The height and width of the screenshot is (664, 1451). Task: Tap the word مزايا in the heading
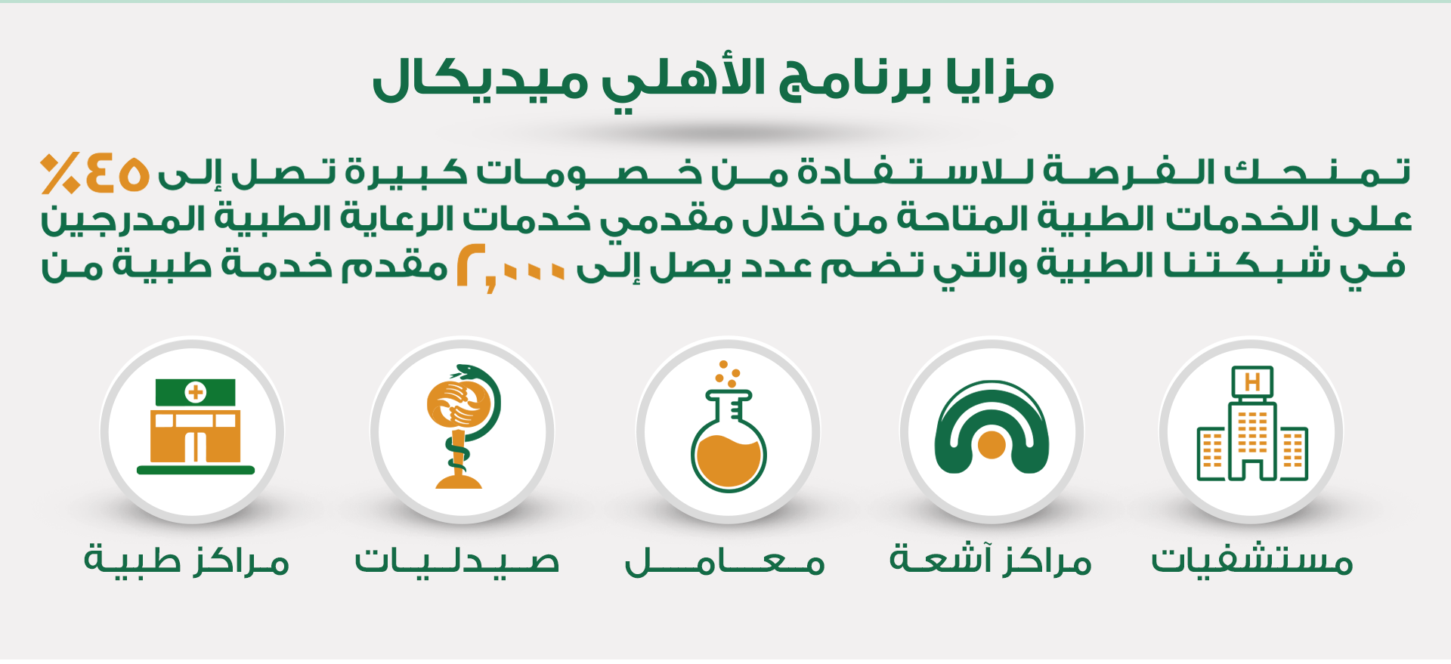click(x=1000, y=79)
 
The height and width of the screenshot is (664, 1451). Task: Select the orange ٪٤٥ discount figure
click(x=94, y=173)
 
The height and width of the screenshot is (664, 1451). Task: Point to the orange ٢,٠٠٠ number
click(x=511, y=268)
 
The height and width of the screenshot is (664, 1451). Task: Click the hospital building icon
click(x=1252, y=424)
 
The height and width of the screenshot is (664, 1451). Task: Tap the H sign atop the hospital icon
click(x=1252, y=382)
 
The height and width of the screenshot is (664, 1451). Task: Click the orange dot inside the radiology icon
click(x=992, y=445)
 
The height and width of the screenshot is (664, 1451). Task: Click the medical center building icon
click(x=196, y=427)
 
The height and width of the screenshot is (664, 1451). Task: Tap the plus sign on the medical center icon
click(x=196, y=392)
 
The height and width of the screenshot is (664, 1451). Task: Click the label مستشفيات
click(x=1251, y=560)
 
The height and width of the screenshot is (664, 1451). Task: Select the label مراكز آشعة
click(x=991, y=560)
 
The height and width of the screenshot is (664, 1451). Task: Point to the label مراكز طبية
click(x=187, y=560)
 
